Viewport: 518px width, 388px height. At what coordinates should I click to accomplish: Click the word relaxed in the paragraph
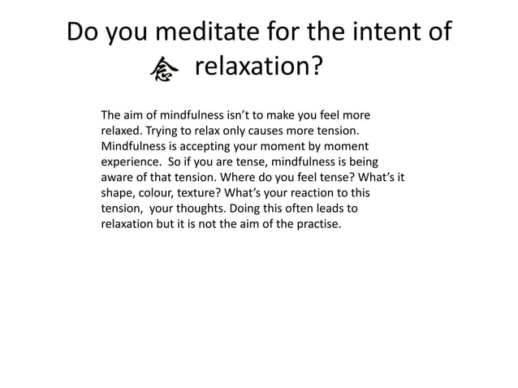coord(121,130)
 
